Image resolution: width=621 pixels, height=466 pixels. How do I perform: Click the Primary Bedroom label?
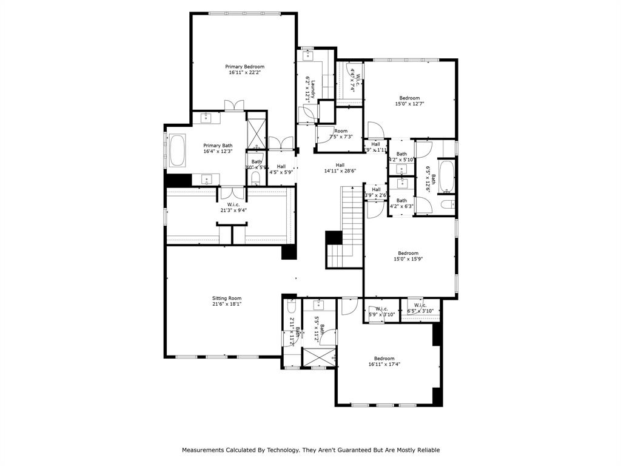click(244, 67)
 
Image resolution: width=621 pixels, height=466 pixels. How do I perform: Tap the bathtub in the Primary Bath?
click(177, 151)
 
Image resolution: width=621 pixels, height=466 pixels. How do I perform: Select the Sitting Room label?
click(227, 298)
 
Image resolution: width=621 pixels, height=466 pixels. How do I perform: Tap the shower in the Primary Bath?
click(257, 134)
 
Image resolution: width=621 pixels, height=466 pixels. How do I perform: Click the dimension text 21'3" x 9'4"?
click(233, 211)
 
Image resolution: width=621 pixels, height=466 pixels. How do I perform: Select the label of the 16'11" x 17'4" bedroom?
click(384, 358)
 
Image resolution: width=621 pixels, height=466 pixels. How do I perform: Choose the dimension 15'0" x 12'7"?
click(409, 104)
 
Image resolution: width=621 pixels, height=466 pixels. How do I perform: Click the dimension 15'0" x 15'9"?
click(408, 259)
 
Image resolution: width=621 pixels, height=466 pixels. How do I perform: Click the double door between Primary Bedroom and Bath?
click(234, 106)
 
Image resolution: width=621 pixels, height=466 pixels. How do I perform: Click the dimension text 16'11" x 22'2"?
click(244, 73)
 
